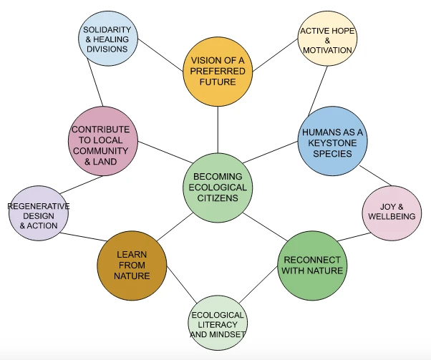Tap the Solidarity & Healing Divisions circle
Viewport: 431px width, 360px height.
pyautogui.click(x=108, y=39)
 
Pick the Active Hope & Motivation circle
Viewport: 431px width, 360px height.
pyautogui.click(x=326, y=41)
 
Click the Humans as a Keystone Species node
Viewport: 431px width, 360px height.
pyautogui.click(x=332, y=141)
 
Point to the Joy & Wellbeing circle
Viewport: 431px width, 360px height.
pyautogui.click(x=389, y=213)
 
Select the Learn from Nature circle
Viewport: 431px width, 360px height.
pyautogui.click(x=132, y=265)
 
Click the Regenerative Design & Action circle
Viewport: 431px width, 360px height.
pyautogui.click(x=38, y=214)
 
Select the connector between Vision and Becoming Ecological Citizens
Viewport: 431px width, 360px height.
pyautogui.click(x=218, y=132)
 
